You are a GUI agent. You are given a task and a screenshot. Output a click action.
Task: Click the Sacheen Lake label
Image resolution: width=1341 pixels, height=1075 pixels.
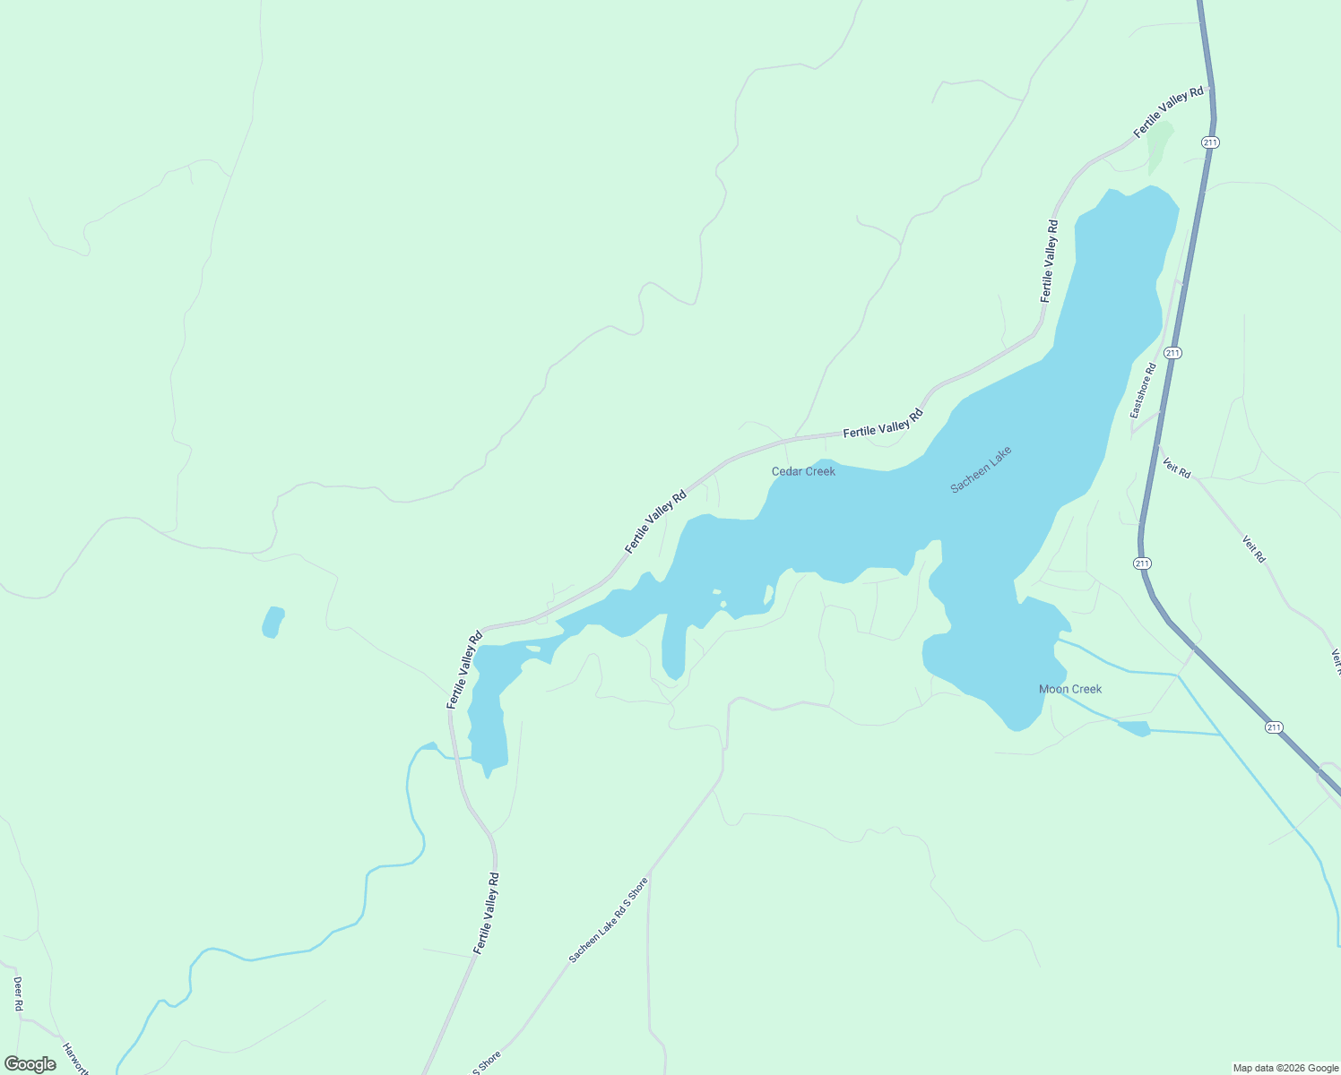pos(981,469)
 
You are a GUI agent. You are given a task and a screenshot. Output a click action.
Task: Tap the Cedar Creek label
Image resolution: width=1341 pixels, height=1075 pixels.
pos(803,471)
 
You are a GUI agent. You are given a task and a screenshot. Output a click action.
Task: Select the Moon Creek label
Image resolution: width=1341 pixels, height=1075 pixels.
pos(1069,689)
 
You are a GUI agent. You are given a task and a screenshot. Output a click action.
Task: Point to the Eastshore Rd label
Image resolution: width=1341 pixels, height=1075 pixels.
pos(1143,390)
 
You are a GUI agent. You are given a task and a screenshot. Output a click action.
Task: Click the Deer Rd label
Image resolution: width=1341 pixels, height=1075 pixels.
pos(18,993)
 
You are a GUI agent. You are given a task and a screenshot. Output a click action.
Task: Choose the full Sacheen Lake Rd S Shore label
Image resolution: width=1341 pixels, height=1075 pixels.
pos(608,920)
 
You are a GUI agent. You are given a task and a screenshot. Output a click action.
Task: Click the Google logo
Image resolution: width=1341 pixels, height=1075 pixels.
pos(30,1064)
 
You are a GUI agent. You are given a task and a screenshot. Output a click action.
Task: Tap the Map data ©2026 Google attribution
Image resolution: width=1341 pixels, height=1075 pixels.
pos(1285,1068)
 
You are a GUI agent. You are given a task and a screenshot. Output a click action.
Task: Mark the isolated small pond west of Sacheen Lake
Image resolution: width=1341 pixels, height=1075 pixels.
pos(273,622)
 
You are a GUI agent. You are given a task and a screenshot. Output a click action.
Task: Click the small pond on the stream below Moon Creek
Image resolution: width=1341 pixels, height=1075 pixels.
pos(1134,727)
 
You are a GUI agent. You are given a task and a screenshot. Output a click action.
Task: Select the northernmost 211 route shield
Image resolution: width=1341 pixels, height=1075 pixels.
pos(1211,142)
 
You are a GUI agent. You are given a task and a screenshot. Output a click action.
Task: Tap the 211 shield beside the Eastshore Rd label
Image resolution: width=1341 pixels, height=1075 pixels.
pos(1172,353)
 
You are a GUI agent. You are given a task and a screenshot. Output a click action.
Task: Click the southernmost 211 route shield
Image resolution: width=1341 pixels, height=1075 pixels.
pos(1274,727)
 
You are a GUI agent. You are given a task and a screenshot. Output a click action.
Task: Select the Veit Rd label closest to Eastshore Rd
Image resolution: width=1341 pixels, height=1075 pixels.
pos(1176,467)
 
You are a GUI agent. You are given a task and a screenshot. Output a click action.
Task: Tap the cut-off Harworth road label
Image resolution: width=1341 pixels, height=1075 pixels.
pos(75,1057)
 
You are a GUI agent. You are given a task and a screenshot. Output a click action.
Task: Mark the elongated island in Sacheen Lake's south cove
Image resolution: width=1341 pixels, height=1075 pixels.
pos(768,594)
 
